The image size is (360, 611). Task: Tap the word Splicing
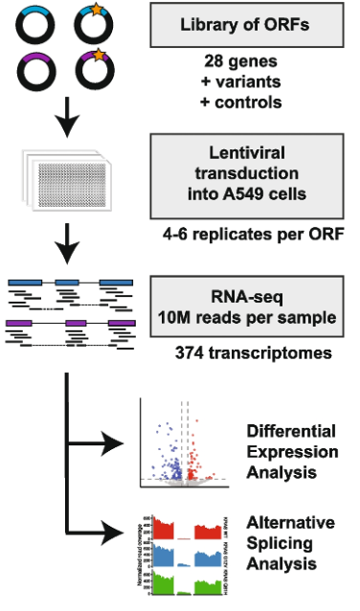(x=280, y=543)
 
